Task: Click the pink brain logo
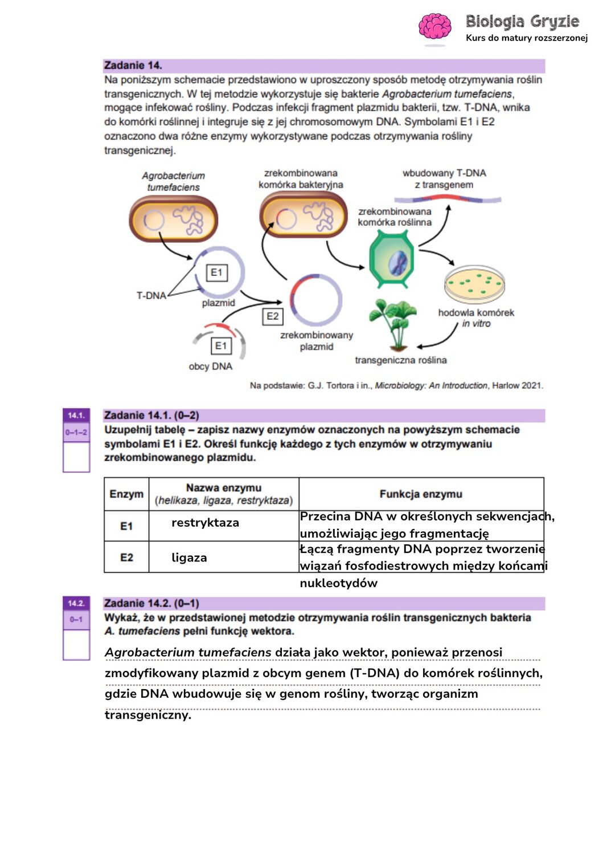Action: click(434, 27)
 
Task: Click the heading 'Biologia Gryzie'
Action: click(522, 22)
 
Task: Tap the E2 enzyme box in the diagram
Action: click(273, 316)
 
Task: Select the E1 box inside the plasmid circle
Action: click(216, 272)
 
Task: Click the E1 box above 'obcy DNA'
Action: click(221, 345)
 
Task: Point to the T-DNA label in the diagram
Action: click(151, 295)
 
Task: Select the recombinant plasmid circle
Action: click(316, 300)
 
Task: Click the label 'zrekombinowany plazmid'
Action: click(317, 341)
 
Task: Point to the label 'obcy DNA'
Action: click(211, 367)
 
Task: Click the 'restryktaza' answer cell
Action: click(206, 523)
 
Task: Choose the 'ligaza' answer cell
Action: click(189, 557)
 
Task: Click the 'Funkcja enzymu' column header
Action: click(421, 494)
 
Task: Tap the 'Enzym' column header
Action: click(126, 494)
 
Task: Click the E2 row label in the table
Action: click(126, 557)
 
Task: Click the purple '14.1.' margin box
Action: click(76, 416)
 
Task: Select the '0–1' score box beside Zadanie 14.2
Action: click(76, 619)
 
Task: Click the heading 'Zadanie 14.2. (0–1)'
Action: click(151, 603)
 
